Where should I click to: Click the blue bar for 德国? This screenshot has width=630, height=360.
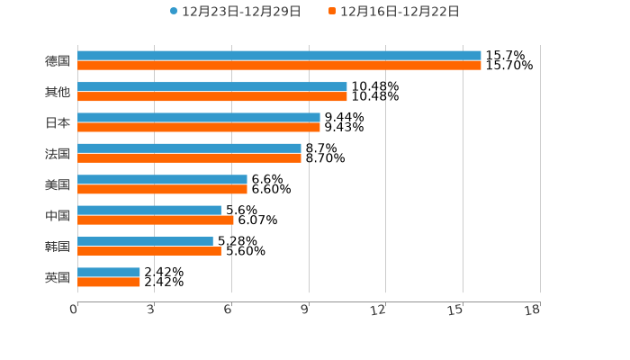pyautogui.click(x=279, y=56)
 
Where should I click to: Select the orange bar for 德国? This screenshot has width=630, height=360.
pyautogui.click(x=279, y=66)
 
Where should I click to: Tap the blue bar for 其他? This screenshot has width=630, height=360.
pyautogui.click(x=212, y=86)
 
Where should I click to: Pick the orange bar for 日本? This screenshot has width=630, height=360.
pyautogui.click(x=199, y=127)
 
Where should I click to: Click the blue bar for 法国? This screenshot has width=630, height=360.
pyautogui.click(x=189, y=148)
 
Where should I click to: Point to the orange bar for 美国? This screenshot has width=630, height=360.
pyautogui.click(x=162, y=189)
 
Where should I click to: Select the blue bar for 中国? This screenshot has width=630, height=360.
pyautogui.click(x=149, y=211)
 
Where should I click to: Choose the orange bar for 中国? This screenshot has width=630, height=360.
pyautogui.click(x=156, y=220)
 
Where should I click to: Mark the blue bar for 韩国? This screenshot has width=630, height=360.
pyautogui.click(x=145, y=241)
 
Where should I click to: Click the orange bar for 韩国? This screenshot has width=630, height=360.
pyautogui.click(x=149, y=251)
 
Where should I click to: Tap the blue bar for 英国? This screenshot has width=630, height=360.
pyautogui.click(x=109, y=272)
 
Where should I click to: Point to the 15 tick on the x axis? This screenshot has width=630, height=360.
pyautogui.click(x=455, y=310)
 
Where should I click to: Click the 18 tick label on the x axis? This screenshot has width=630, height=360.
pyautogui.click(x=533, y=310)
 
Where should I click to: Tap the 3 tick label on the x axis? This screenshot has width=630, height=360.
pyautogui.click(x=151, y=310)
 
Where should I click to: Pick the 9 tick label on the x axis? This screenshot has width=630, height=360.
pyautogui.click(x=305, y=310)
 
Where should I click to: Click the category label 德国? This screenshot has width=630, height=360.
pyautogui.click(x=58, y=61)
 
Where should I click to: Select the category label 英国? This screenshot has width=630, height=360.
pyautogui.click(x=58, y=277)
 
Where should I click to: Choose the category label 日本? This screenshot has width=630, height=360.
pyautogui.click(x=58, y=122)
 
